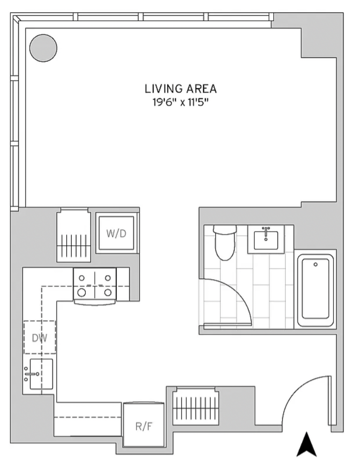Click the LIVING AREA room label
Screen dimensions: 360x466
(x=180, y=89)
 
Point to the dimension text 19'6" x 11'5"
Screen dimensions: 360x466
(x=180, y=102)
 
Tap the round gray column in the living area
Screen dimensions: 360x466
(x=43, y=48)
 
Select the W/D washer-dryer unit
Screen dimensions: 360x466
(x=117, y=233)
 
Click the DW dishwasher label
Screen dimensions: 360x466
(x=40, y=338)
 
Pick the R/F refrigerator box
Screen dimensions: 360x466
(x=144, y=424)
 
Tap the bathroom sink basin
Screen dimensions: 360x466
(x=266, y=240)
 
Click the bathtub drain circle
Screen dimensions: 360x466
(x=316, y=265)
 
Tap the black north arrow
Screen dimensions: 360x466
(x=307, y=444)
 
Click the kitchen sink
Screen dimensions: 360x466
(x=41, y=374)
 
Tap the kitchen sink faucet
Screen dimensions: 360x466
(x=31, y=374)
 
